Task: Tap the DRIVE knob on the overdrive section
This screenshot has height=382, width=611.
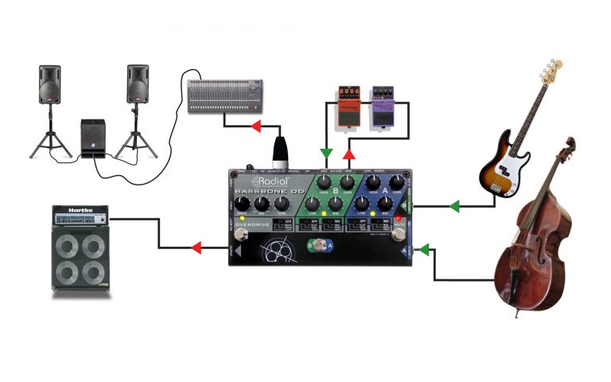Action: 239,204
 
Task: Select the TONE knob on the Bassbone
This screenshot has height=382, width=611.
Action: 282,203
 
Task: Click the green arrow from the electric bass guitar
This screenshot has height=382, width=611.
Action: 454,207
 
